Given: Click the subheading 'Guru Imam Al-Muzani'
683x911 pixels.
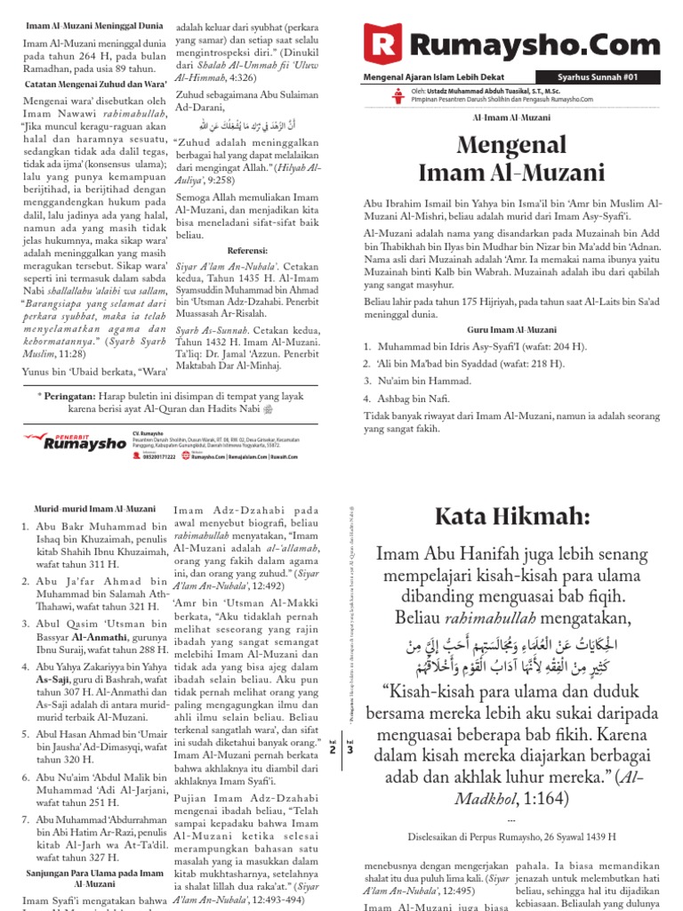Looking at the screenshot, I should tap(510, 329).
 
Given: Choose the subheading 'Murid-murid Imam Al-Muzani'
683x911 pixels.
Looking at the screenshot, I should tap(81, 507).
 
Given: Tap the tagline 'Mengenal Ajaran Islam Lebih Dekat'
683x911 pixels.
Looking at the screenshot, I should tap(430, 77).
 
